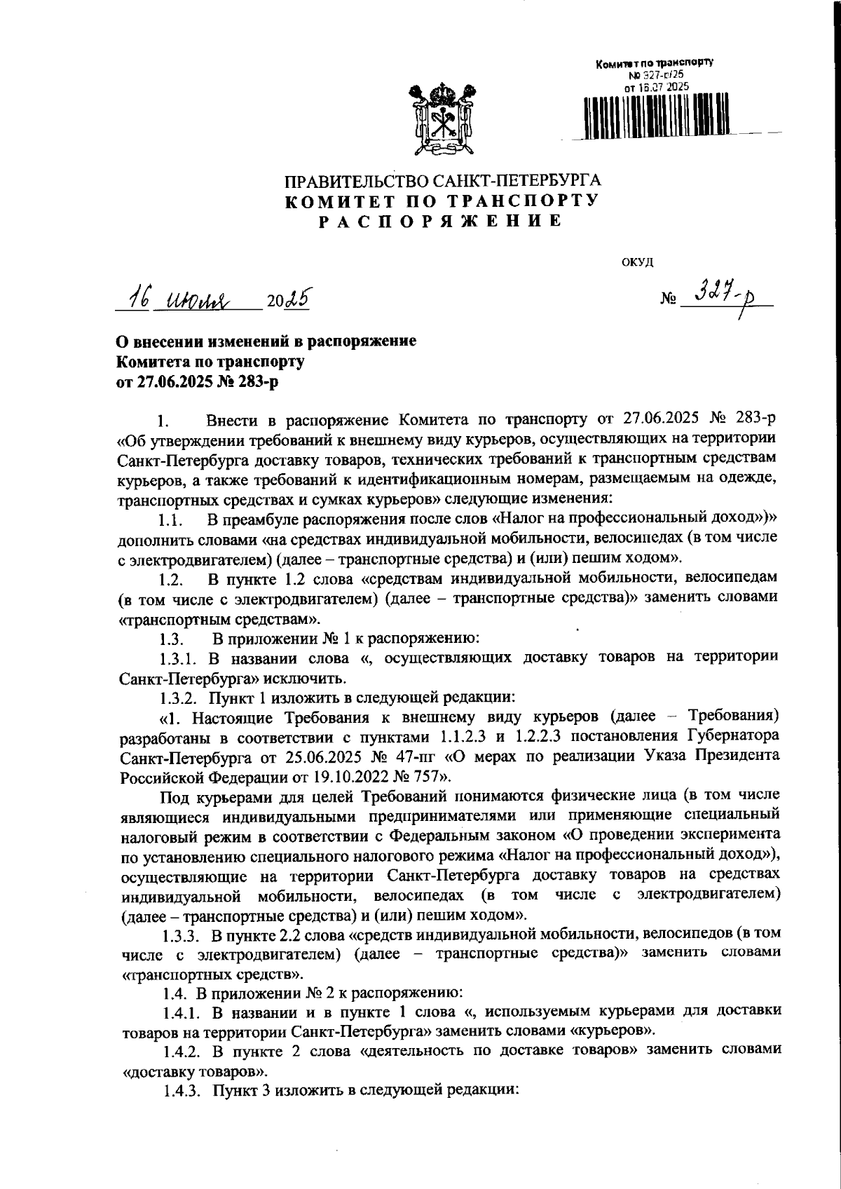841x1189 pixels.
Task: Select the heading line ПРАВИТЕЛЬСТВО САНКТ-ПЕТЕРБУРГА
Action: (442, 181)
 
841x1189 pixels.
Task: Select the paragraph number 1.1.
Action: (170, 520)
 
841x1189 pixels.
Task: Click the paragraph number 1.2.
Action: (170, 580)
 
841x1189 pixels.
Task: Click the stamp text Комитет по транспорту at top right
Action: (654, 63)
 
